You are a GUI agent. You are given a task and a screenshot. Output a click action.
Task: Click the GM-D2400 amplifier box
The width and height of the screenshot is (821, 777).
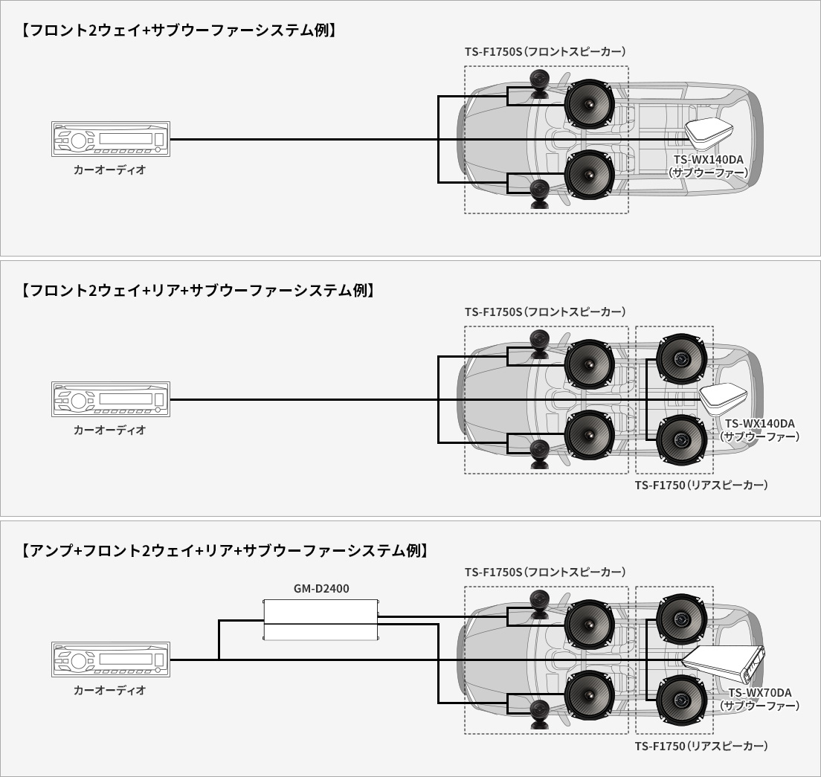point(321,619)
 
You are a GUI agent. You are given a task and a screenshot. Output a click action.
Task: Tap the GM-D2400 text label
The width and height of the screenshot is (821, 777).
point(321,589)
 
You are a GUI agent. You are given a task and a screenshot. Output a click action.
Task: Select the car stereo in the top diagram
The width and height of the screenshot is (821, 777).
point(111,139)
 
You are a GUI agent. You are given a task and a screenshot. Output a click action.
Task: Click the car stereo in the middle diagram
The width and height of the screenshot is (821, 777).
point(111,399)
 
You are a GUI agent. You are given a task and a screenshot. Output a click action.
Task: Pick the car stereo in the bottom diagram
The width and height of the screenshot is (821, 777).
point(111,660)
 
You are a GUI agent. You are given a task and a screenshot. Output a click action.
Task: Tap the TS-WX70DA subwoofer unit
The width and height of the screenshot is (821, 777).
point(724,663)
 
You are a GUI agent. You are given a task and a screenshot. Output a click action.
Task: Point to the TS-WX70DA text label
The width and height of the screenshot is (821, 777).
point(759,692)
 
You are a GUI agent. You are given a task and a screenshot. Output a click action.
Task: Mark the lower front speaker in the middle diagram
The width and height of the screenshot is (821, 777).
point(588,435)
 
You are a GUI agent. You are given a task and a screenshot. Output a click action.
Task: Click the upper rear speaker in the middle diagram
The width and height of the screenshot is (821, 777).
point(680,358)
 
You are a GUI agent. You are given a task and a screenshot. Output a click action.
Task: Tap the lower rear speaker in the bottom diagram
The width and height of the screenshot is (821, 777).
point(680,699)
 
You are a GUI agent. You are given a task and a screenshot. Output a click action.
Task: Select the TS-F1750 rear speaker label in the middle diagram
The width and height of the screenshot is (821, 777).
point(701,485)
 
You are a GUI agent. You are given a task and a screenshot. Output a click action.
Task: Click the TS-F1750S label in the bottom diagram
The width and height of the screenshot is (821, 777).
point(545,572)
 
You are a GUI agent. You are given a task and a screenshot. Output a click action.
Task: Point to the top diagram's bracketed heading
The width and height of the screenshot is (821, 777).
point(178,30)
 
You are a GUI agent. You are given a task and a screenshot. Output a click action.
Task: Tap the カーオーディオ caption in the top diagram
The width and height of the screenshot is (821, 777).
point(110,170)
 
